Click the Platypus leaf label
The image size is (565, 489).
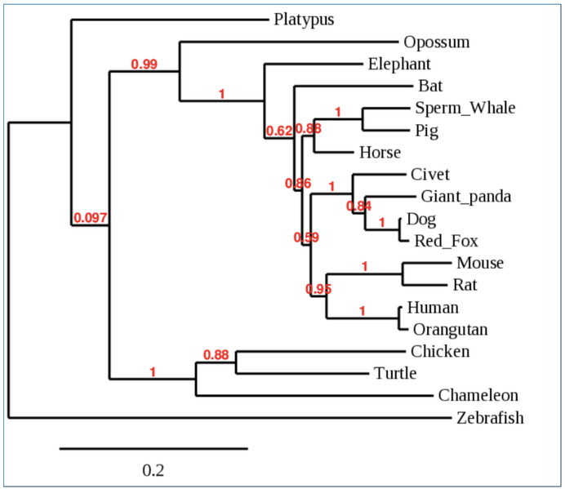[305, 19]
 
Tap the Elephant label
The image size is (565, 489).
[399, 64]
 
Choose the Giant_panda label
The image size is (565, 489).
[466, 196]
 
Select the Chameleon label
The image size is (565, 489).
[478, 396]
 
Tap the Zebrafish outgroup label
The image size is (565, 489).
[490, 419]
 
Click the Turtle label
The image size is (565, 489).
[395, 374]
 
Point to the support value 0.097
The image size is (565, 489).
[91, 218]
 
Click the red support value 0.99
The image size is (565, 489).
[144, 64]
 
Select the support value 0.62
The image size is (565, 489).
[278, 131]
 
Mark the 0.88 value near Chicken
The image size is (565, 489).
[216, 354]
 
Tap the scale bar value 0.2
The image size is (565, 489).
[153, 471]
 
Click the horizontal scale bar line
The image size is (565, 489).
[153, 448]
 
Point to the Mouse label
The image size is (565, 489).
[479, 263]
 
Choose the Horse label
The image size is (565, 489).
[380, 153]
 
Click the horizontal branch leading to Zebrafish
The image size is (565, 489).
[229, 419]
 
